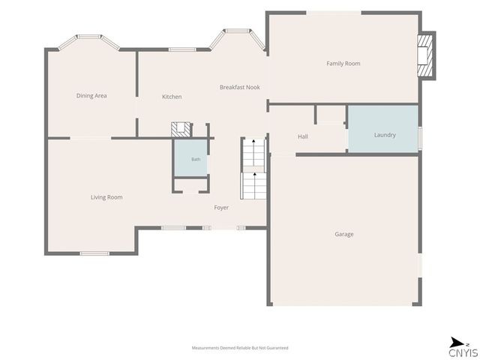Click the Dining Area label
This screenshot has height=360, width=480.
pyautogui.click(x=91, y=95)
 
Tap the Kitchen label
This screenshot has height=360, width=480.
pyautogui.click(x=172, y=97)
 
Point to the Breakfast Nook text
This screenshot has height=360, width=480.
pyautogui.click(x=240, y=87)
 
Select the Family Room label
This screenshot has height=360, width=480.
pyautogui.click(x=343, y=64)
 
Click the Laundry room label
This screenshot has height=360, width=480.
pyautogui.click(x=385, y=135)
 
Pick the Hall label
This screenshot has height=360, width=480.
pyautogui.click(x=303, y=136)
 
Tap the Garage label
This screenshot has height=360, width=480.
pyautogui.click(x=344, y=234)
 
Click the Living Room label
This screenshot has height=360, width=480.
pyautogui.click(x=106, y=197)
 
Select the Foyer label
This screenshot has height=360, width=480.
pyautogui.click(x=221, y=208)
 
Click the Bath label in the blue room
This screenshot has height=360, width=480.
pyautogui.click(x=196, y=159)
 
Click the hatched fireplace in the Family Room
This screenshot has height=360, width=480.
pyautogui.click(x=425, y=55)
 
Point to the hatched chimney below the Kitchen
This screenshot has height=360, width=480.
pyautogui.click(x=181, y=130)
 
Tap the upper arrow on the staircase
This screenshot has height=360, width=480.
pyautogui.click(x=253, y=141)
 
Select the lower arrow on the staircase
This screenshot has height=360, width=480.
pyautogui.click(x=255, y=174)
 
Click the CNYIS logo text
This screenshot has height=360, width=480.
pyautogui.click(x=463, y=352)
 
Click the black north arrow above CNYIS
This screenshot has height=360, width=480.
pyautogui.click(x=457, y=342)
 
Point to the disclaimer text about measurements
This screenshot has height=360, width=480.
pyautogui.click(x=240, y=348)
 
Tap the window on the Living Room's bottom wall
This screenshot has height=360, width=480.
pyautogui.click(x=94, y=253)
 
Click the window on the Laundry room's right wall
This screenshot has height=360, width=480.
pyautogui.click(x=420, y=139)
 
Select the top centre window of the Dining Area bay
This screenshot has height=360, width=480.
pyautogui.click(x=88, y=37)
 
